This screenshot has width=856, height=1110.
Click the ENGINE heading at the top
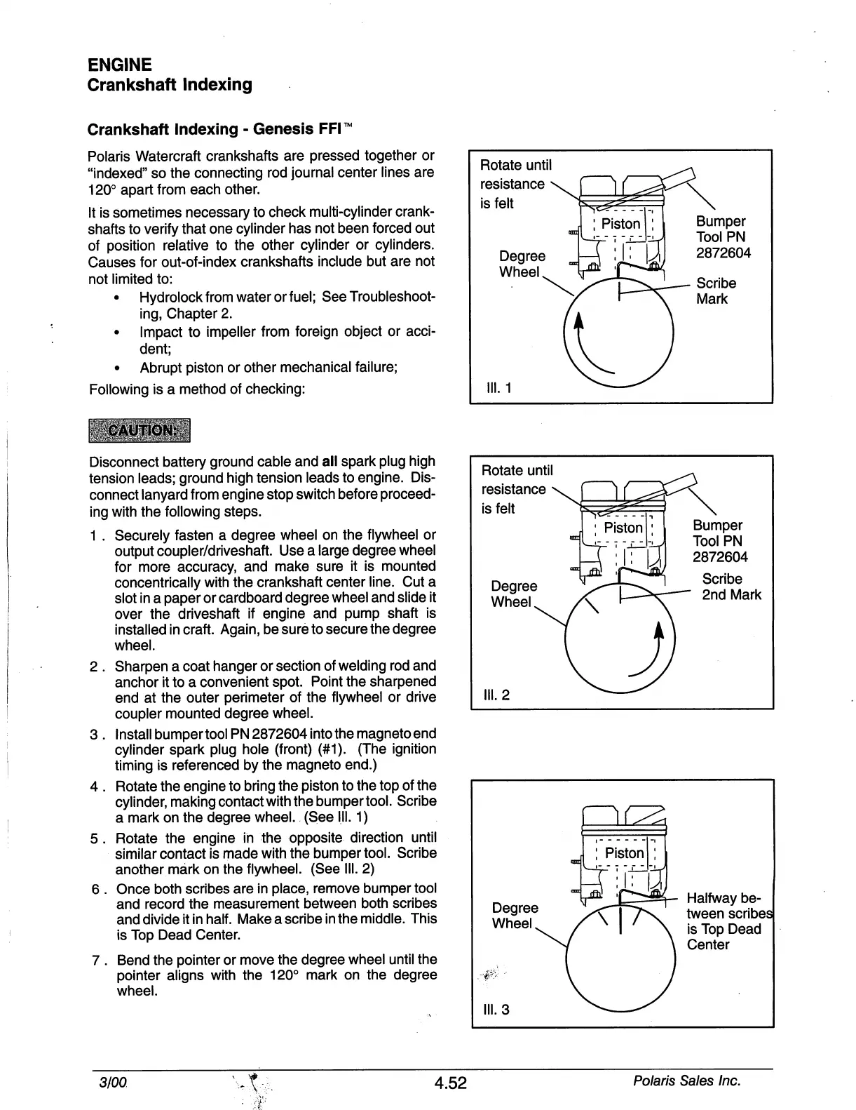[x=119, y=65]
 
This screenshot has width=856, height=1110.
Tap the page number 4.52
[x=449, y=1083]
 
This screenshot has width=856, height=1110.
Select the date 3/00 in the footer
[x=112, y=1081]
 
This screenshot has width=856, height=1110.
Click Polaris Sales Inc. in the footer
[x=686, y=1081]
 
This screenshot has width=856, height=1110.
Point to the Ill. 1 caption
[x=498, y=388]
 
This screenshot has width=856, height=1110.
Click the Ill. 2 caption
[x=497, y=695]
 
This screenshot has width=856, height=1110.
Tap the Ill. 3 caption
[x=497, y=1010]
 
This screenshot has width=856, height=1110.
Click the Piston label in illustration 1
[x=621, y=224]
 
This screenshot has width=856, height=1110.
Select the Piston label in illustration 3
[x=624, y=853]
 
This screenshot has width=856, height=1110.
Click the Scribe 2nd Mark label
[x=731, y=587]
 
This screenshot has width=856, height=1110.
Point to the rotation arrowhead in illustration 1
[x=578, y=321]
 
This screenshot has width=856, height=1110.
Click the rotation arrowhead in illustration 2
[x=658, y=631]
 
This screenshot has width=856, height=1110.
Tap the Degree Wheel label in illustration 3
[x=515, y=916]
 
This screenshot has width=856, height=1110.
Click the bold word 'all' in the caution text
[x=330, y=462]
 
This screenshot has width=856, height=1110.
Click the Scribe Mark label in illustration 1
[x=716, y=291]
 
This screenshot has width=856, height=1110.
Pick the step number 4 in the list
[x=95, y=787]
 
